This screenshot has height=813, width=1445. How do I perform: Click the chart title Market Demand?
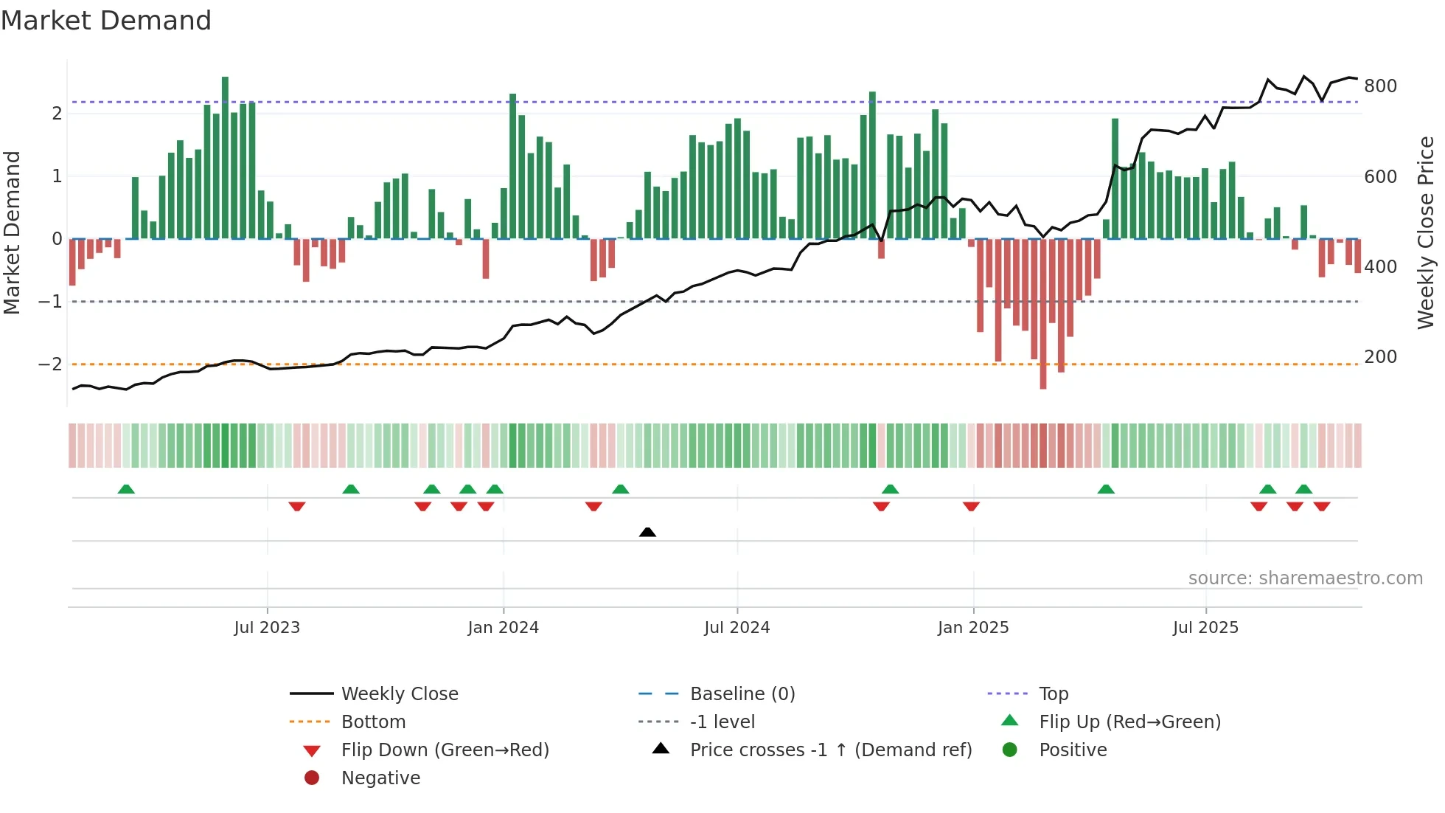pyautogui.click(x=106, y=21)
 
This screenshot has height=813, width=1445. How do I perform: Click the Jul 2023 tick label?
pyautogui.click(x=267, y=628)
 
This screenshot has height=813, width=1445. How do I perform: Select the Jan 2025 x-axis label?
pyautogui.click(x=973, y=628)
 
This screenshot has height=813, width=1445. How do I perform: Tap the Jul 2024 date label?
pyautogui.click(x=737, y=628)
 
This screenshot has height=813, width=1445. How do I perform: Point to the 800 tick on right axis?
pyautogui.click(x=1380, y=86)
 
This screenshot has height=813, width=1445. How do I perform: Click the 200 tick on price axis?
pyautogui.click(x=1380, y=357)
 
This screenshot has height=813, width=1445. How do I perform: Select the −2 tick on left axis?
pyautogui.click(x=50, y=364)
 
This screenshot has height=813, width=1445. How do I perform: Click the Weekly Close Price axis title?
pyautogui.click(x=1426, y=232)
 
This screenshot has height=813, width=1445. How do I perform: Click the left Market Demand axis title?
pyautogui.click(x=13, y=232)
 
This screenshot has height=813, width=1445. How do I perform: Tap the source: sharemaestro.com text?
pyautogui.click(x=1305, y=578)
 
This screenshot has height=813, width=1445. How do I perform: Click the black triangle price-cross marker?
pyautogui.click(x=647, y=532)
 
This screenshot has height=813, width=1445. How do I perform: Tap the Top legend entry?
pyautogui.click(x=1054, y=694)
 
